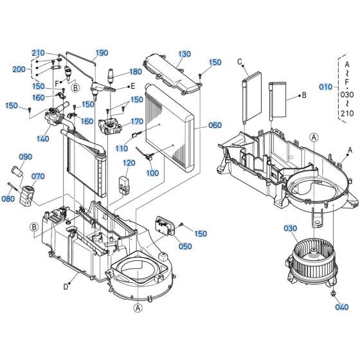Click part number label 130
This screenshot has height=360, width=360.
[185, 54]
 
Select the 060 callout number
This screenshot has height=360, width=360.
[214, 127]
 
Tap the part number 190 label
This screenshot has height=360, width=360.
[102, 53]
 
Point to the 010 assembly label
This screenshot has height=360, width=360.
[327, 86]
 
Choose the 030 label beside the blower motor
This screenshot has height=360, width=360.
[290, 228]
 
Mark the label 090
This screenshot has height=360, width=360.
[25, 157]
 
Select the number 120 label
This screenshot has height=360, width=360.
[129, 163]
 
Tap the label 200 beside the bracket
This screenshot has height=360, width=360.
[19, 69]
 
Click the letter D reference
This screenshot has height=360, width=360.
[66, 287]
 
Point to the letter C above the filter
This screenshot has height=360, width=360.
[240, 62]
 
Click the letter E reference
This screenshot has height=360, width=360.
[132, 85]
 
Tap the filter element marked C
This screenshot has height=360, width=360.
[251, 99]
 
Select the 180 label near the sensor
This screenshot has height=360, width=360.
[135, 72]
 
